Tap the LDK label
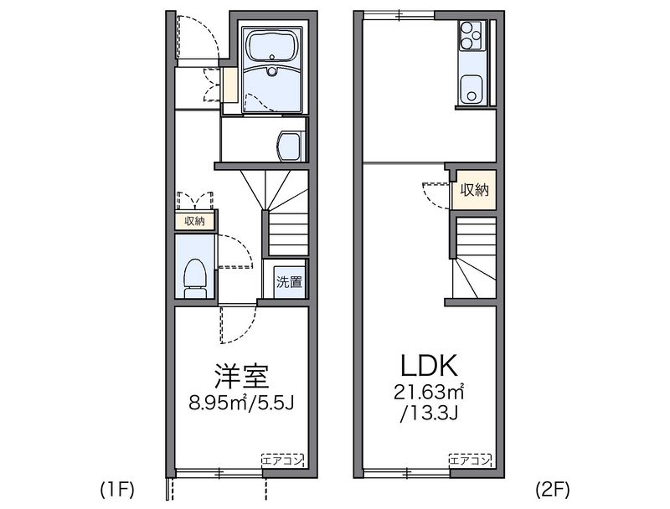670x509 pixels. (x=427, y=366)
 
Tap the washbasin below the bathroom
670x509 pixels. (x=290, y=146)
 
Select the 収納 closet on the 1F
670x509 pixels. (x=194, y=221)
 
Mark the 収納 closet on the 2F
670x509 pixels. (x=473, y=190)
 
